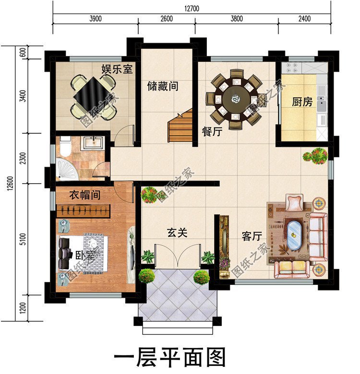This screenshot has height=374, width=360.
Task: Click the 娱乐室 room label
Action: tap(116, 69)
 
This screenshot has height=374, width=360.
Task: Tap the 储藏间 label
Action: tap(163, 86)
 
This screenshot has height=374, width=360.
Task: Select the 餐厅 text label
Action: tap(212, 132)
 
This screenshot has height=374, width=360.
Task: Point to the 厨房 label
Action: tap(302, 102)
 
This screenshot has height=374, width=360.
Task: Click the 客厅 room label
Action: tap(252, 236)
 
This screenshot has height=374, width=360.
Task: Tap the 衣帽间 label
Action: tap(84, 195)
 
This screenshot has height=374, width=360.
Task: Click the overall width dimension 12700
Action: tap(191, 9)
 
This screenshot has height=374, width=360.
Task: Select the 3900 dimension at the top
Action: tap(96, 19)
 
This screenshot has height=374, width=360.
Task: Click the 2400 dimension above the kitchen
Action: tap(304, 19)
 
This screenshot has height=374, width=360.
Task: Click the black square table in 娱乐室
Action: tap(93, 96)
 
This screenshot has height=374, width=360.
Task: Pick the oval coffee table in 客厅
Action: tap(294, 234)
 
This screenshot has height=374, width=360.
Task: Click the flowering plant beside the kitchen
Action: tap(315, 155)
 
